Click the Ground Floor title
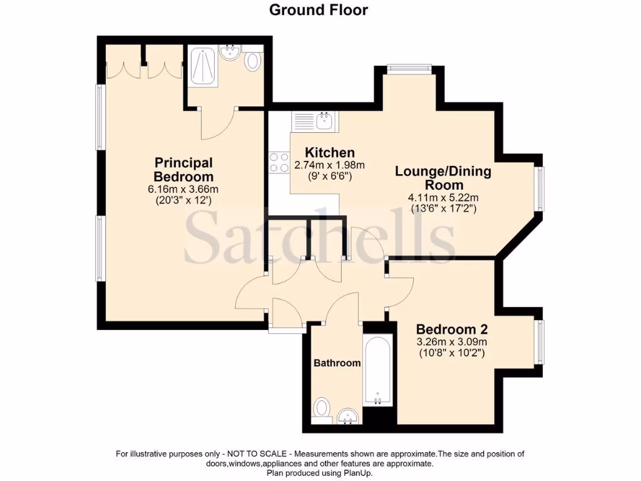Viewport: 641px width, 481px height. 319,10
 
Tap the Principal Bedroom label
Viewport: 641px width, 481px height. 183,169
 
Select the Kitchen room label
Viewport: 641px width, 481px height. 329,153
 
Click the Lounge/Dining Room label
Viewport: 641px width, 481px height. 443,178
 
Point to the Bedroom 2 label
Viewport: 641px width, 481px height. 452,329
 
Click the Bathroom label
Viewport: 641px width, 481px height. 337,363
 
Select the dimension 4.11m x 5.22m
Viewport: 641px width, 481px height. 443,198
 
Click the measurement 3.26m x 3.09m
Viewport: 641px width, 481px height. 452,342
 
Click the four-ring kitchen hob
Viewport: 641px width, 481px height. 279,163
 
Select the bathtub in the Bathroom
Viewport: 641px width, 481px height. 377,370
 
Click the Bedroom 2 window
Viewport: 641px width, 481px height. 539,341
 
